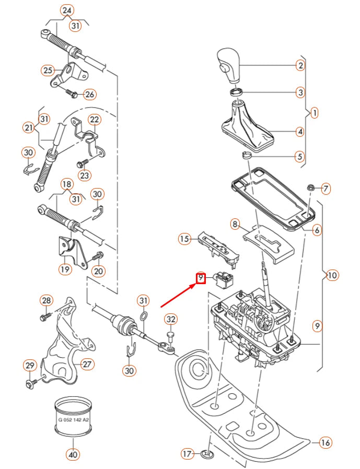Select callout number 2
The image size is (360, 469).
coord(300,65)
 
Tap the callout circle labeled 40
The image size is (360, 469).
coord(73,454)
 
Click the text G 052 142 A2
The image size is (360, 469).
coord(73,419)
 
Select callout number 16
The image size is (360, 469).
coord(326,443)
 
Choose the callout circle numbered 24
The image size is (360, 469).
coord(67,10)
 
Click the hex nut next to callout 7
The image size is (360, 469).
coord(310,187)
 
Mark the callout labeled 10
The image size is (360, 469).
coord(332,275)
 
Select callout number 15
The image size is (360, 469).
coord(184,239)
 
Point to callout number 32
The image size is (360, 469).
coord(170,319)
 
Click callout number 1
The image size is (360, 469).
coord(314,112)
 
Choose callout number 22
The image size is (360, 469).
coord(94,120)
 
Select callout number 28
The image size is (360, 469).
coord(47,300)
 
